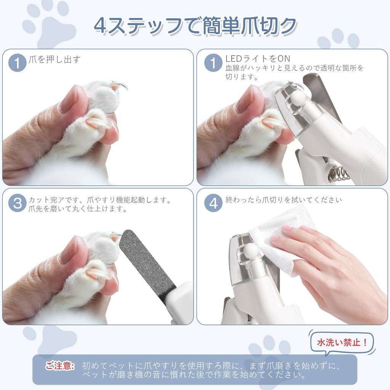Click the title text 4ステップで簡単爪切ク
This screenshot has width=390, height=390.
point(195,26)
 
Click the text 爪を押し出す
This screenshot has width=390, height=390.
point(54,59)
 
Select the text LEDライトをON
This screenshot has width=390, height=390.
point(257,59)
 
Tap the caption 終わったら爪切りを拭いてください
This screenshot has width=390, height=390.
point(284,200)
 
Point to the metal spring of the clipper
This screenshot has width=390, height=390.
point(339,174)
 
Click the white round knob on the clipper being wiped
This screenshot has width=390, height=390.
point(251,251)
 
